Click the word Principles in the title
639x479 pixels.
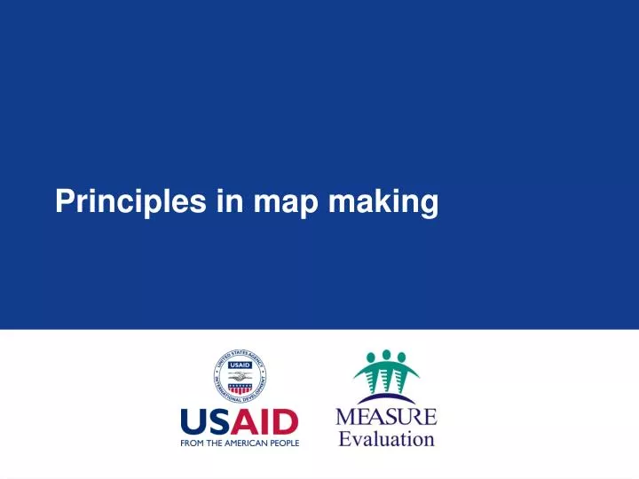131,203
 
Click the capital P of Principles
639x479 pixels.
64,202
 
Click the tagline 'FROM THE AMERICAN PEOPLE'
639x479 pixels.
241,442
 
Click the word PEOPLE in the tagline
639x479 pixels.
284,442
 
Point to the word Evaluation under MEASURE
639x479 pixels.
387,438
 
